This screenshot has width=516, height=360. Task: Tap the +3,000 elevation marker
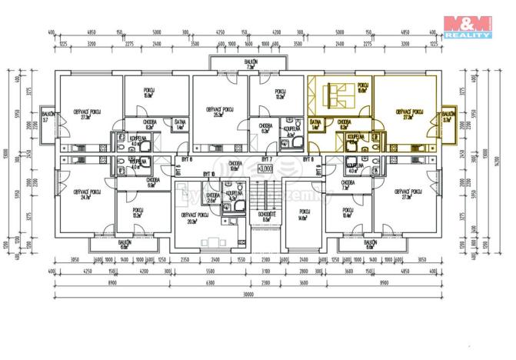click(265, 168)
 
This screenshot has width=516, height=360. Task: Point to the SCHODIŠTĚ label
click(265, 217)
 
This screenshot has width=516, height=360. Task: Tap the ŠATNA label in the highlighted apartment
click(315, 123)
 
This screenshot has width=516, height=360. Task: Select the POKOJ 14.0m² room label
click(302, 215)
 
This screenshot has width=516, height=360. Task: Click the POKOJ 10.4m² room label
click(347, 213)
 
